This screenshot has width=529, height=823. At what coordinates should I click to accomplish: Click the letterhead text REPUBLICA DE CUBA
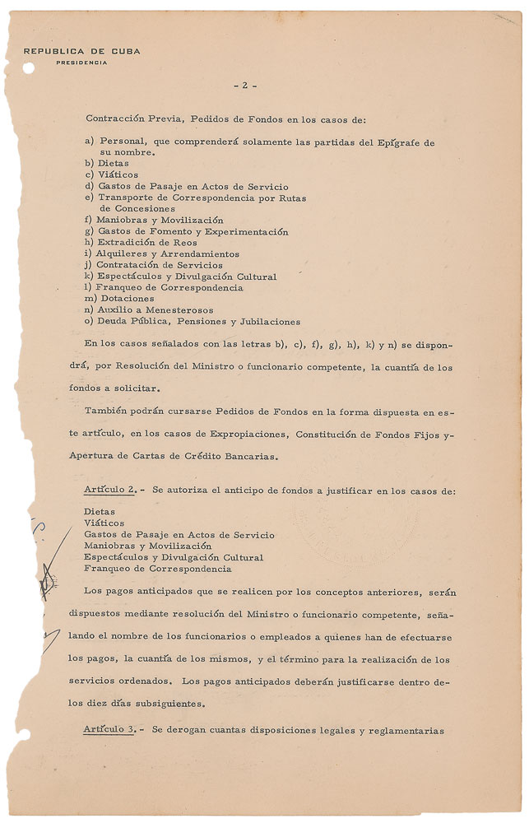point(81,51)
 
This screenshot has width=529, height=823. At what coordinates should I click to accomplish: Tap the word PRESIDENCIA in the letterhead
point(81,63)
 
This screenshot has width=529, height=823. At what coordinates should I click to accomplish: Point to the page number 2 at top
point(244,85)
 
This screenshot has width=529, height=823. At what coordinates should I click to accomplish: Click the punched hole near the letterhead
point(29,68)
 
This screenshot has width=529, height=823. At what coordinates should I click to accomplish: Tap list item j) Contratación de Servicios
point(153,265)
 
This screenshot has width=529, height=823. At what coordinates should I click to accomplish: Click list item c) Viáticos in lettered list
point(110,175)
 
